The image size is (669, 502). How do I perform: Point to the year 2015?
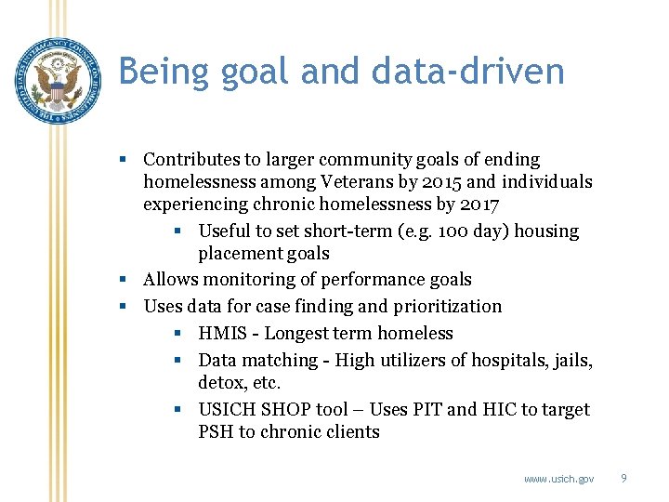(x=472, y=182)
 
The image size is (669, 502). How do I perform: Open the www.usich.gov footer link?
(x=558, y=479)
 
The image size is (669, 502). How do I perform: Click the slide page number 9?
(x=623, y=478)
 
